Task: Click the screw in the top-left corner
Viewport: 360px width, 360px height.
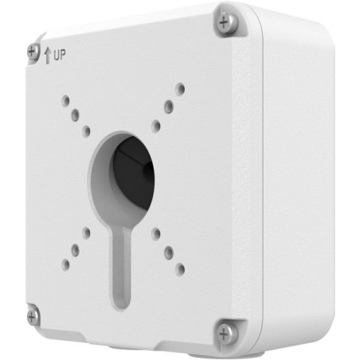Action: [x=33, y=50]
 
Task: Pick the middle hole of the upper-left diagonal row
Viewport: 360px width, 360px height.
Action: [x=75, y=115]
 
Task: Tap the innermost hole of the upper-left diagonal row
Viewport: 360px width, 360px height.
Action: [x=86, y=130]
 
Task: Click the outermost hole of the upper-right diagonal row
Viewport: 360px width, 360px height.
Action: [x=181, y=88]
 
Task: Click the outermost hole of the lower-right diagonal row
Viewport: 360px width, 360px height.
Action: [x=181, y=269]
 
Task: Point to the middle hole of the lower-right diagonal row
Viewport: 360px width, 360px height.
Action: [x=169, y=251]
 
